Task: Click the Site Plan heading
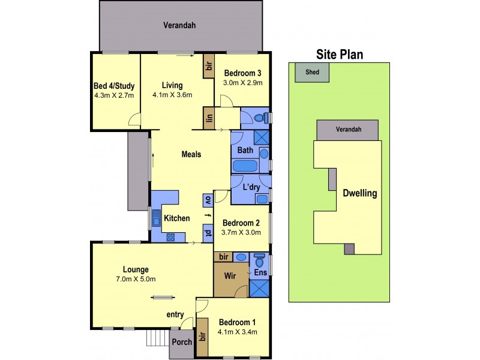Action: tap(340, 54)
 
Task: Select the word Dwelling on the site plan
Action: tap(359, 193)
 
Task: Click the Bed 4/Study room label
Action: tap(113, 85)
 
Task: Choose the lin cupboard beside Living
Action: tap(209, 118)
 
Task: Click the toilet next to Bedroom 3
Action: tap(260, 118)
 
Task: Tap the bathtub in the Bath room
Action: tap(245, 166)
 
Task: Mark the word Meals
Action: tap(191, 154)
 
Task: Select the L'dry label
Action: tap(251, 187)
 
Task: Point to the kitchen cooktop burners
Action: tap(170, 236)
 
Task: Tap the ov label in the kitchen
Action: tap(208, 199)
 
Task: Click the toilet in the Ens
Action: tap(260, 262)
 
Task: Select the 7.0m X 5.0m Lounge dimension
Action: tap(136, 279)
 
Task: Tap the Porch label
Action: tap(182, 342)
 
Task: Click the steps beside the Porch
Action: tap(158, 340)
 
